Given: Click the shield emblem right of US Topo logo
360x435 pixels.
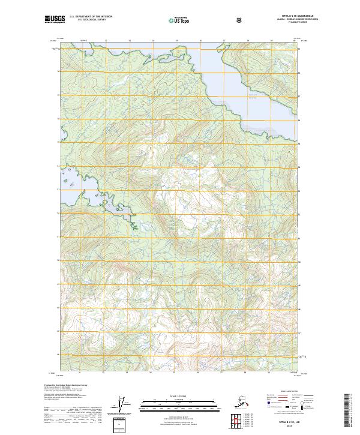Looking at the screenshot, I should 206,20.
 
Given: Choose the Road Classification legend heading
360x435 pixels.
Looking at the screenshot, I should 287,389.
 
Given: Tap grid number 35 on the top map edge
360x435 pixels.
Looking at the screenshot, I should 176,40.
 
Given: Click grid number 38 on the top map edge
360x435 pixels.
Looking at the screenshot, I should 247,40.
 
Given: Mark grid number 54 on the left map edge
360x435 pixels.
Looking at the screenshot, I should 58,166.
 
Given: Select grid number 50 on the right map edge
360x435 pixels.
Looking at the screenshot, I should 299,261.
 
